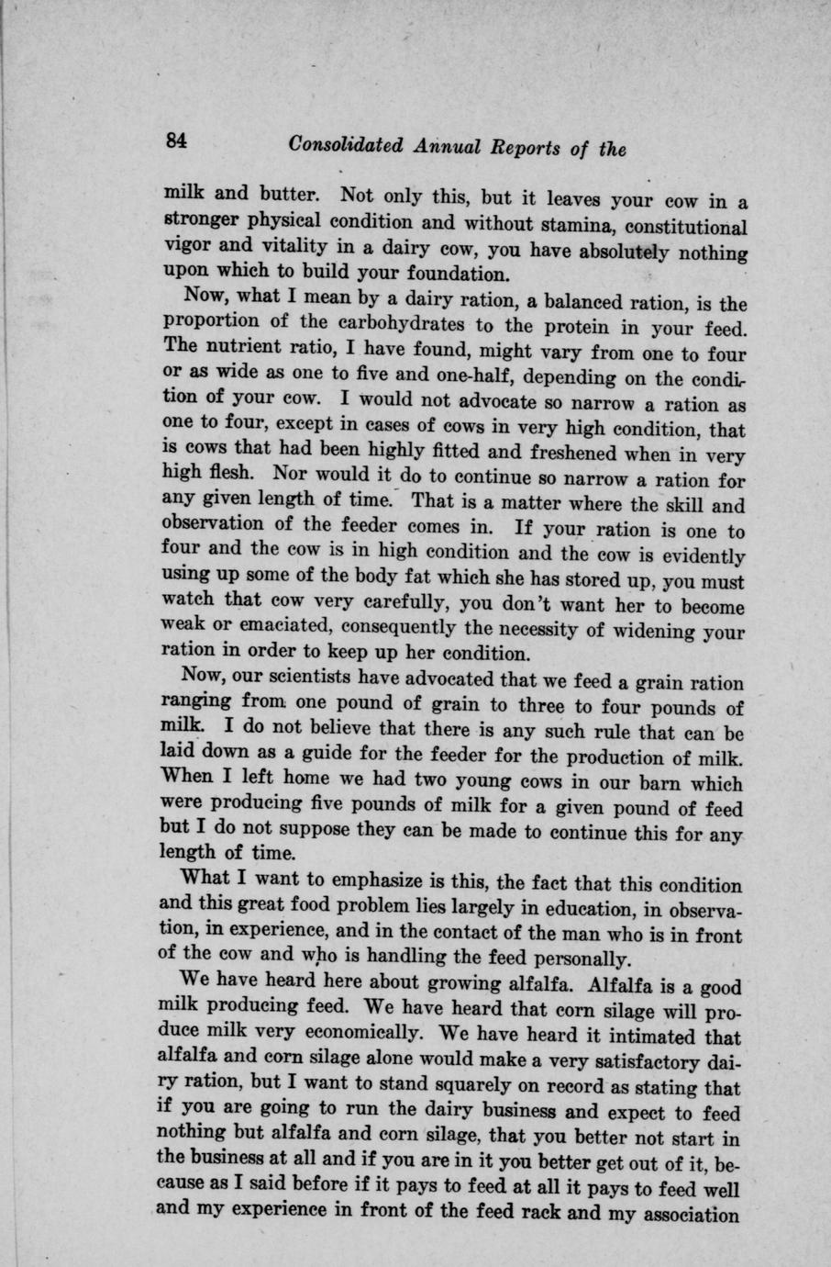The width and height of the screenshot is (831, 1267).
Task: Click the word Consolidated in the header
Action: tap(344, 145)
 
